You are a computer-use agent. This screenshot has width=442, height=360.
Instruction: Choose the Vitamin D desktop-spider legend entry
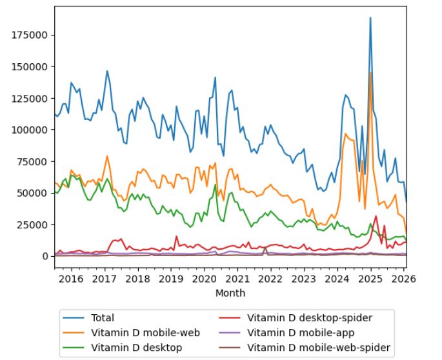click(310, 317)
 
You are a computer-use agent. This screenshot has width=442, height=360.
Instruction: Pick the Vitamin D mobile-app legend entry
click(301, 332)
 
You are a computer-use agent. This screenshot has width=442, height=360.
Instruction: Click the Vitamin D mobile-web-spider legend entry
click(319, 348)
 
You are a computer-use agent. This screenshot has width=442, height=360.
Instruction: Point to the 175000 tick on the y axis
click(31, 35)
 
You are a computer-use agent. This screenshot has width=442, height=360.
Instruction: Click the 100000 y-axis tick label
click(31, 130)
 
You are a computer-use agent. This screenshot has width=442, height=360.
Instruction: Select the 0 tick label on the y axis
click(45, 256)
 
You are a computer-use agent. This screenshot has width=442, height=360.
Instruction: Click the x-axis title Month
click(230, 293)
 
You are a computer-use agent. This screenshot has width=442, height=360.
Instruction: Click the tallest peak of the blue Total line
click(370, 17)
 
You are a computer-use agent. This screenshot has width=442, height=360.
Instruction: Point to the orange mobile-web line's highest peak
click(370, 72)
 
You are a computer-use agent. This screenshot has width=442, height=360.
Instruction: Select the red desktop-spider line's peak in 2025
click(376, 216)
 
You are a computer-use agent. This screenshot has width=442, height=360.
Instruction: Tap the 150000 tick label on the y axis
click(31, 66)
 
